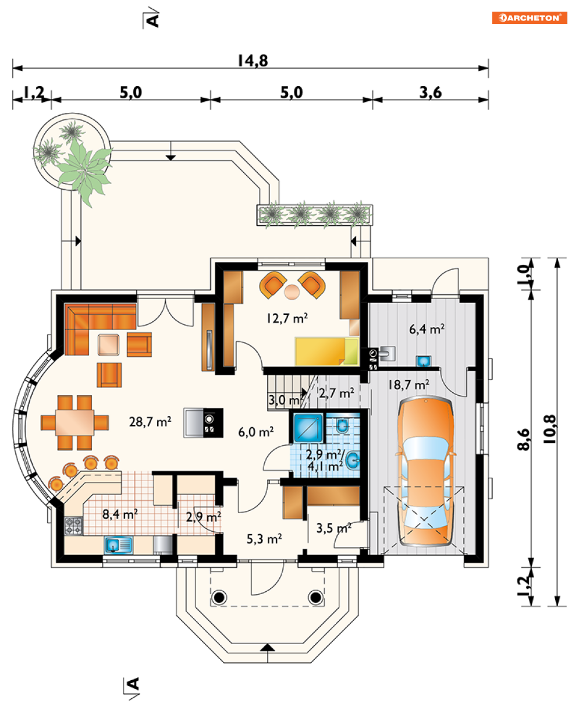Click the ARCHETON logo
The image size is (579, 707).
[x=530, y=18]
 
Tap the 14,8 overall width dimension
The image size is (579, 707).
[x=253, y=61]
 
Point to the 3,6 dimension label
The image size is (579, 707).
[x=431, y=93]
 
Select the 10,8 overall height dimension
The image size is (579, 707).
[x=550, y=429]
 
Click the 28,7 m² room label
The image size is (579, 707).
[x=150, y=422]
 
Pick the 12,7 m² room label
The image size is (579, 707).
[x=287, y=318]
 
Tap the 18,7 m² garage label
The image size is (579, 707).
[x=409, y=385]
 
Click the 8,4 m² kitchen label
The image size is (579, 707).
[x=120, y=514]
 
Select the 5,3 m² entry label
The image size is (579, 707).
[x=264, y=539]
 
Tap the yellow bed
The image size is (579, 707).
[x=326, y=351]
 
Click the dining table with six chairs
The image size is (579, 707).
[x=74, y=422]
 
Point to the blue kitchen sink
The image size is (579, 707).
[x=119, y=545]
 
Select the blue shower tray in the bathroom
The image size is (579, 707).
[x=308, y=428]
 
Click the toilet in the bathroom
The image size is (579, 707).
[x=342, y=425]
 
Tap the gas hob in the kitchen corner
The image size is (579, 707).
[x=73, y=525]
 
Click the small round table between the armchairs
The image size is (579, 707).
[x=292, y=292]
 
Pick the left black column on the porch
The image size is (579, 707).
[x=219, y=596]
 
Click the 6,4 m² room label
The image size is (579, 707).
[x=427, y=329]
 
